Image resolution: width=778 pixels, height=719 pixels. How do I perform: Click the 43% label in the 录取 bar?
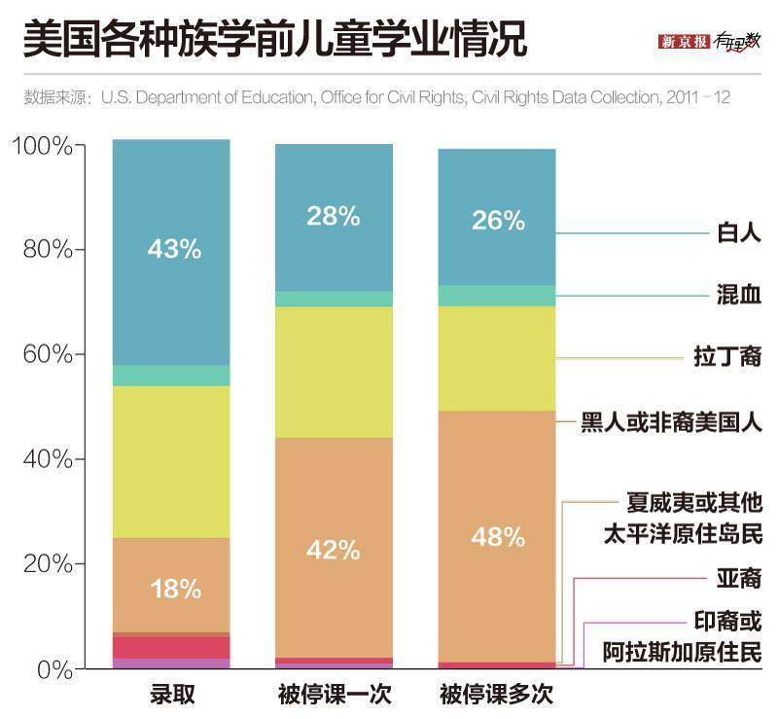174,249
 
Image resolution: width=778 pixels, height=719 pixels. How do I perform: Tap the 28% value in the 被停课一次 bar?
334,216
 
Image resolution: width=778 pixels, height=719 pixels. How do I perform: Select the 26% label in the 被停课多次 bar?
499,221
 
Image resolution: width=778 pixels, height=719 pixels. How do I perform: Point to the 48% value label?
499,536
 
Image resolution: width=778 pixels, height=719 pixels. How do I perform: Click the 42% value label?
334,550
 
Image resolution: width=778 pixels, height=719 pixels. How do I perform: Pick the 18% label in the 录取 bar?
174,589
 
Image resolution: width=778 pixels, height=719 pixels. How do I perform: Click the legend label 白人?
738,234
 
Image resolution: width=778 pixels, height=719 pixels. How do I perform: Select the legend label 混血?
738,295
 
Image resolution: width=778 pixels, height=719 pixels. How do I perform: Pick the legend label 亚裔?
738,579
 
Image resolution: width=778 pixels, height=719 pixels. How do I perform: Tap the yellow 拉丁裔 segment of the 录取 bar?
171,461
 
